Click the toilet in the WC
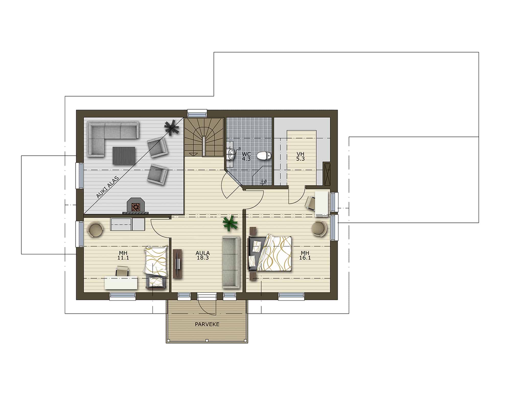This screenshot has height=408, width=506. pyautogui.click(x=264, y=156)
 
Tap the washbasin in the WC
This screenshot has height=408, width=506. pyautogui.click(x=231, y=154)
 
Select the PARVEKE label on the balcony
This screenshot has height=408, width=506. pyautogui.click(x=207, y=324)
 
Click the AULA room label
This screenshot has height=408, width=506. pyautogui.click(x=203, y=253)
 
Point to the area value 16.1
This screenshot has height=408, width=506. pyautogui.click(x=305, y=258)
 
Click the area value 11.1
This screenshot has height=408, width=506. pyautogui.click(x=123, y=258)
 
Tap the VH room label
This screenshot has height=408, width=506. pyautogui.click(x=301, y=154)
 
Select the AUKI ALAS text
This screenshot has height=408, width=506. pyautogui.click(x=108, y=187)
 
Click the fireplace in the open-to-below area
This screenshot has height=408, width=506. pyautogui.click(x=136, y=205)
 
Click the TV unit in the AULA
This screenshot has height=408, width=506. pyautogui.click(x=178, y=264)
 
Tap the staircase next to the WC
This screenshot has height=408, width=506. pyautogui.click(x=204, y=137)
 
